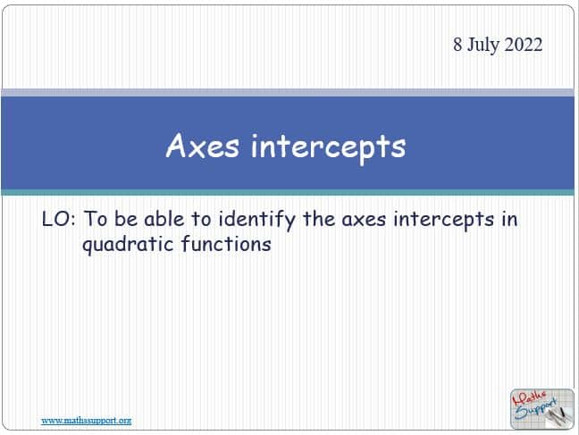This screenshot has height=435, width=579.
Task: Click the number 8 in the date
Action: click(x=457, y=45)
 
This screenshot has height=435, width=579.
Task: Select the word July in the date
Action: click(x=483, y=46)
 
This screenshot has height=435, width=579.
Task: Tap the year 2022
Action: click(x=524, y=45)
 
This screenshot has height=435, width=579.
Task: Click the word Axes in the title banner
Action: click(x=202, y=146)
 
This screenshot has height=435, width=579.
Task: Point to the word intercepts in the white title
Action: click(x=328, y=147)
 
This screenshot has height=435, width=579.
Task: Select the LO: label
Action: click(x=59, y=219)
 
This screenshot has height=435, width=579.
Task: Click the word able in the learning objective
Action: click(x=164, y=219)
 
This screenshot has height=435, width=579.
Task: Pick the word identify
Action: click(x=257, y=221)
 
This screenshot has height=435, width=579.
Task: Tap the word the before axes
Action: click(x=319, y=219)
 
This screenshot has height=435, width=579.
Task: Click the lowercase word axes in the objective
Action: click(x=364, y=220)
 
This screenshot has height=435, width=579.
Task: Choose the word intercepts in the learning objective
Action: click(x=443, y=221)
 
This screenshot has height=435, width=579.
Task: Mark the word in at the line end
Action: click(x=509, y=219)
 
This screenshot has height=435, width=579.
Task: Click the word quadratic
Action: click(x=128, y=246)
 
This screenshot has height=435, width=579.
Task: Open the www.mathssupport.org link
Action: click(x=87, y=421)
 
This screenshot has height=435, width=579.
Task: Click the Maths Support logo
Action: click(x=542, y=409)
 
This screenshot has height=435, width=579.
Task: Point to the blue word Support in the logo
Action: click(x=536, y=409)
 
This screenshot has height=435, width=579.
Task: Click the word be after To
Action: click(x=125, y=219)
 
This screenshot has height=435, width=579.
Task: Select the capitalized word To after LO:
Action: click(x=96, y=219)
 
